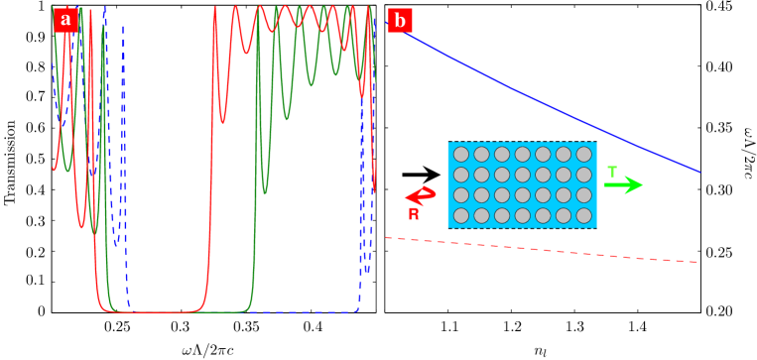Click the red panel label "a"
coord(65,20)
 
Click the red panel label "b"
coord(400,20)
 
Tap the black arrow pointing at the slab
coord(421,175)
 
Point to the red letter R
coord(415,213)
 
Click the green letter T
coord(612,172)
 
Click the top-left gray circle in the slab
coord(460,155)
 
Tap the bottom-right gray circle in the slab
coord(584,215)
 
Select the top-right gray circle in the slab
coord(584,155)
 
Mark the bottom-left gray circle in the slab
coord(460,215)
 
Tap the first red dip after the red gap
coord(222,121)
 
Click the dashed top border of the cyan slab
coord(522,142)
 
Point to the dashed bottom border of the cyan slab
coord(522,228)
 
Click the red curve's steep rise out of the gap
coord(210,198)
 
